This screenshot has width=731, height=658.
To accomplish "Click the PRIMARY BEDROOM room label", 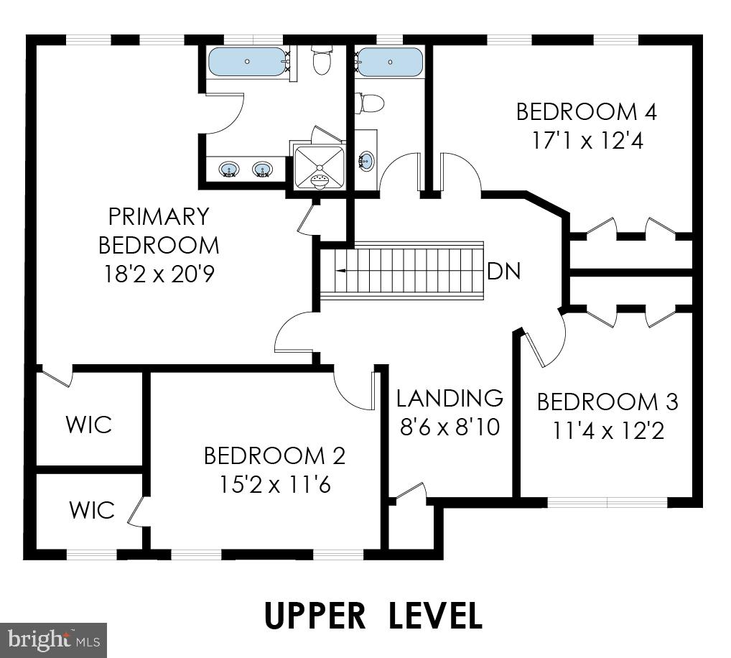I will pos(159,230).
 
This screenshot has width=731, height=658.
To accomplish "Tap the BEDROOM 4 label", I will pos(586,112).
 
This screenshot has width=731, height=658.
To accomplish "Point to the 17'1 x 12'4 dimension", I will pos(586,140).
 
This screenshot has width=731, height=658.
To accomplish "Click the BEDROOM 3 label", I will pos(607,402).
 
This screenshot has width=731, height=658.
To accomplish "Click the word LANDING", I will pos(450,398).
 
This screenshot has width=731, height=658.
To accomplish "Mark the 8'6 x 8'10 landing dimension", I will pos(450,427).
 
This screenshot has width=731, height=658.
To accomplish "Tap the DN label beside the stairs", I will pos(503,272).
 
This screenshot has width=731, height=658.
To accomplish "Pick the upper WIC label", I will pos(89,424).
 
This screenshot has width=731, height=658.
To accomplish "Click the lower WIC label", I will pos(91,510).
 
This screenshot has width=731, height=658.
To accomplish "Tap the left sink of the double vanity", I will pos(229,170).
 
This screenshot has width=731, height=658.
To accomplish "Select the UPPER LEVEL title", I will pos(373,616).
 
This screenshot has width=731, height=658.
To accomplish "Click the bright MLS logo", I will pos(53,638).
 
